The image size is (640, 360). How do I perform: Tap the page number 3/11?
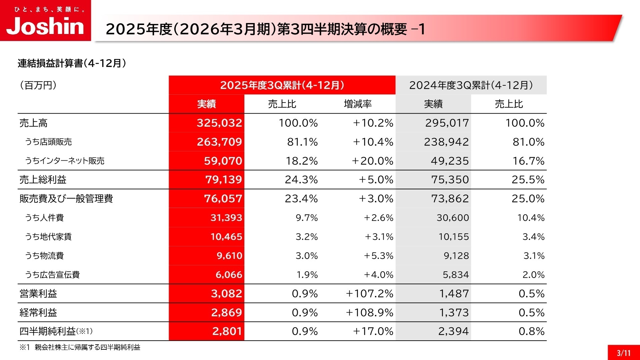pos(623,353)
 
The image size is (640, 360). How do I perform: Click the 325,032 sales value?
pos(219,123)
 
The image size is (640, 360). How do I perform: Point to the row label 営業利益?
pos(38,294)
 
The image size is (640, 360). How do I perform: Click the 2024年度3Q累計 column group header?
pos(471,85)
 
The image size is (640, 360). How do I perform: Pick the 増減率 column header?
pos(358,104)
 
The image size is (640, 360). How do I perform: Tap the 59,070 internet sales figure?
pos(223,161)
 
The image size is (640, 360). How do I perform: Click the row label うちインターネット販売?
pos(65,161)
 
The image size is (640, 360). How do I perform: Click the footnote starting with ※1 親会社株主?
pos(80,347)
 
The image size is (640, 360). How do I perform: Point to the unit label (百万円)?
pos(38,85)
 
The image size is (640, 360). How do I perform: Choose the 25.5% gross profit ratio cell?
pos(528,180)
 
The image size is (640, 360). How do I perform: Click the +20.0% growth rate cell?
pos(372,161)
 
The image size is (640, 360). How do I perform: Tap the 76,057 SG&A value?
pos(223,199)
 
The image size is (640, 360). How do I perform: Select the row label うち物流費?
pos(44,256)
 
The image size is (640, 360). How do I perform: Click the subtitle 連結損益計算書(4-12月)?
pos(72,63)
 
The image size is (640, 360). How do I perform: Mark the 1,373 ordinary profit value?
pos(454,313)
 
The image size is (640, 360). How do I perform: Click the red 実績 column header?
pos(206,104)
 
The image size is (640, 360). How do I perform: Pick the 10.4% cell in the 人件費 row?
pos(531,218)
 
